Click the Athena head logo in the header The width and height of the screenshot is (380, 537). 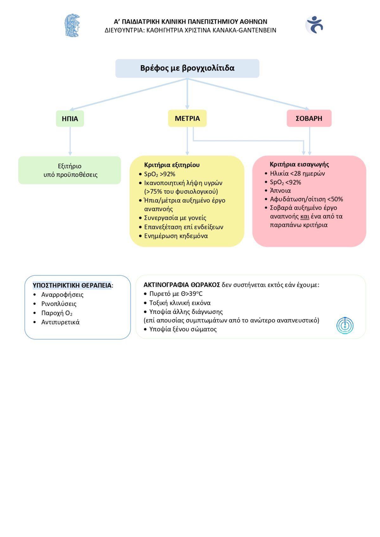[x=72, y=25]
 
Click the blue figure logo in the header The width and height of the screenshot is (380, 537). [x=314, y=25]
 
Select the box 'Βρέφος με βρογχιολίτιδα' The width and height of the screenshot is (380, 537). [x=187, y=68]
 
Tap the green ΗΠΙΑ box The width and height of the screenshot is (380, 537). [x=70, y=118]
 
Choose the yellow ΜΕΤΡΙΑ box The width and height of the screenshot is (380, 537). [x=187, y=118]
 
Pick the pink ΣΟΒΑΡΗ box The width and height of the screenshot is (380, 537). [x=309, y=118]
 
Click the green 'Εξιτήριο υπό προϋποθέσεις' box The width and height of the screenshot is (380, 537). [x=70, y=170]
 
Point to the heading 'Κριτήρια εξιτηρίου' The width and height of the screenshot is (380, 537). [x=172, y=165]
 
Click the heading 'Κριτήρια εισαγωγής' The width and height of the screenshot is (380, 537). [x=299, y=165]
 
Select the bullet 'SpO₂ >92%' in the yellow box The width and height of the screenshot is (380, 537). [x=160, y=174]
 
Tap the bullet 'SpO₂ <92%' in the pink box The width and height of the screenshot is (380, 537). [x=285, y=183]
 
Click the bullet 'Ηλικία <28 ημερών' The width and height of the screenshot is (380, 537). [x=297, y=173]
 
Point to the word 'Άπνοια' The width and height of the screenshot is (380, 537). [x=280, y=190]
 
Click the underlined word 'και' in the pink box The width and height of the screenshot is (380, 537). [x=305, y=216]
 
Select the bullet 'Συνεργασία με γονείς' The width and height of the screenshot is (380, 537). [x=175, y=218]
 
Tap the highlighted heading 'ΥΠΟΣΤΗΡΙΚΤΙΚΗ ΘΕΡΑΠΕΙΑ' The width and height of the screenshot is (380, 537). [x=72, y=285]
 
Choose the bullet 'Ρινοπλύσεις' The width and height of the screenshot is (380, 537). [x=59, y=304]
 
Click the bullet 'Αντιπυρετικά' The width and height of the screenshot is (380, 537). [x=60, y=322]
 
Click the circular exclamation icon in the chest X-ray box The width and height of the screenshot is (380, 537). [x=345, y=325]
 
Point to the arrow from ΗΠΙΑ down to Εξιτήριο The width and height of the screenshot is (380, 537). [x=70, y=141]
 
